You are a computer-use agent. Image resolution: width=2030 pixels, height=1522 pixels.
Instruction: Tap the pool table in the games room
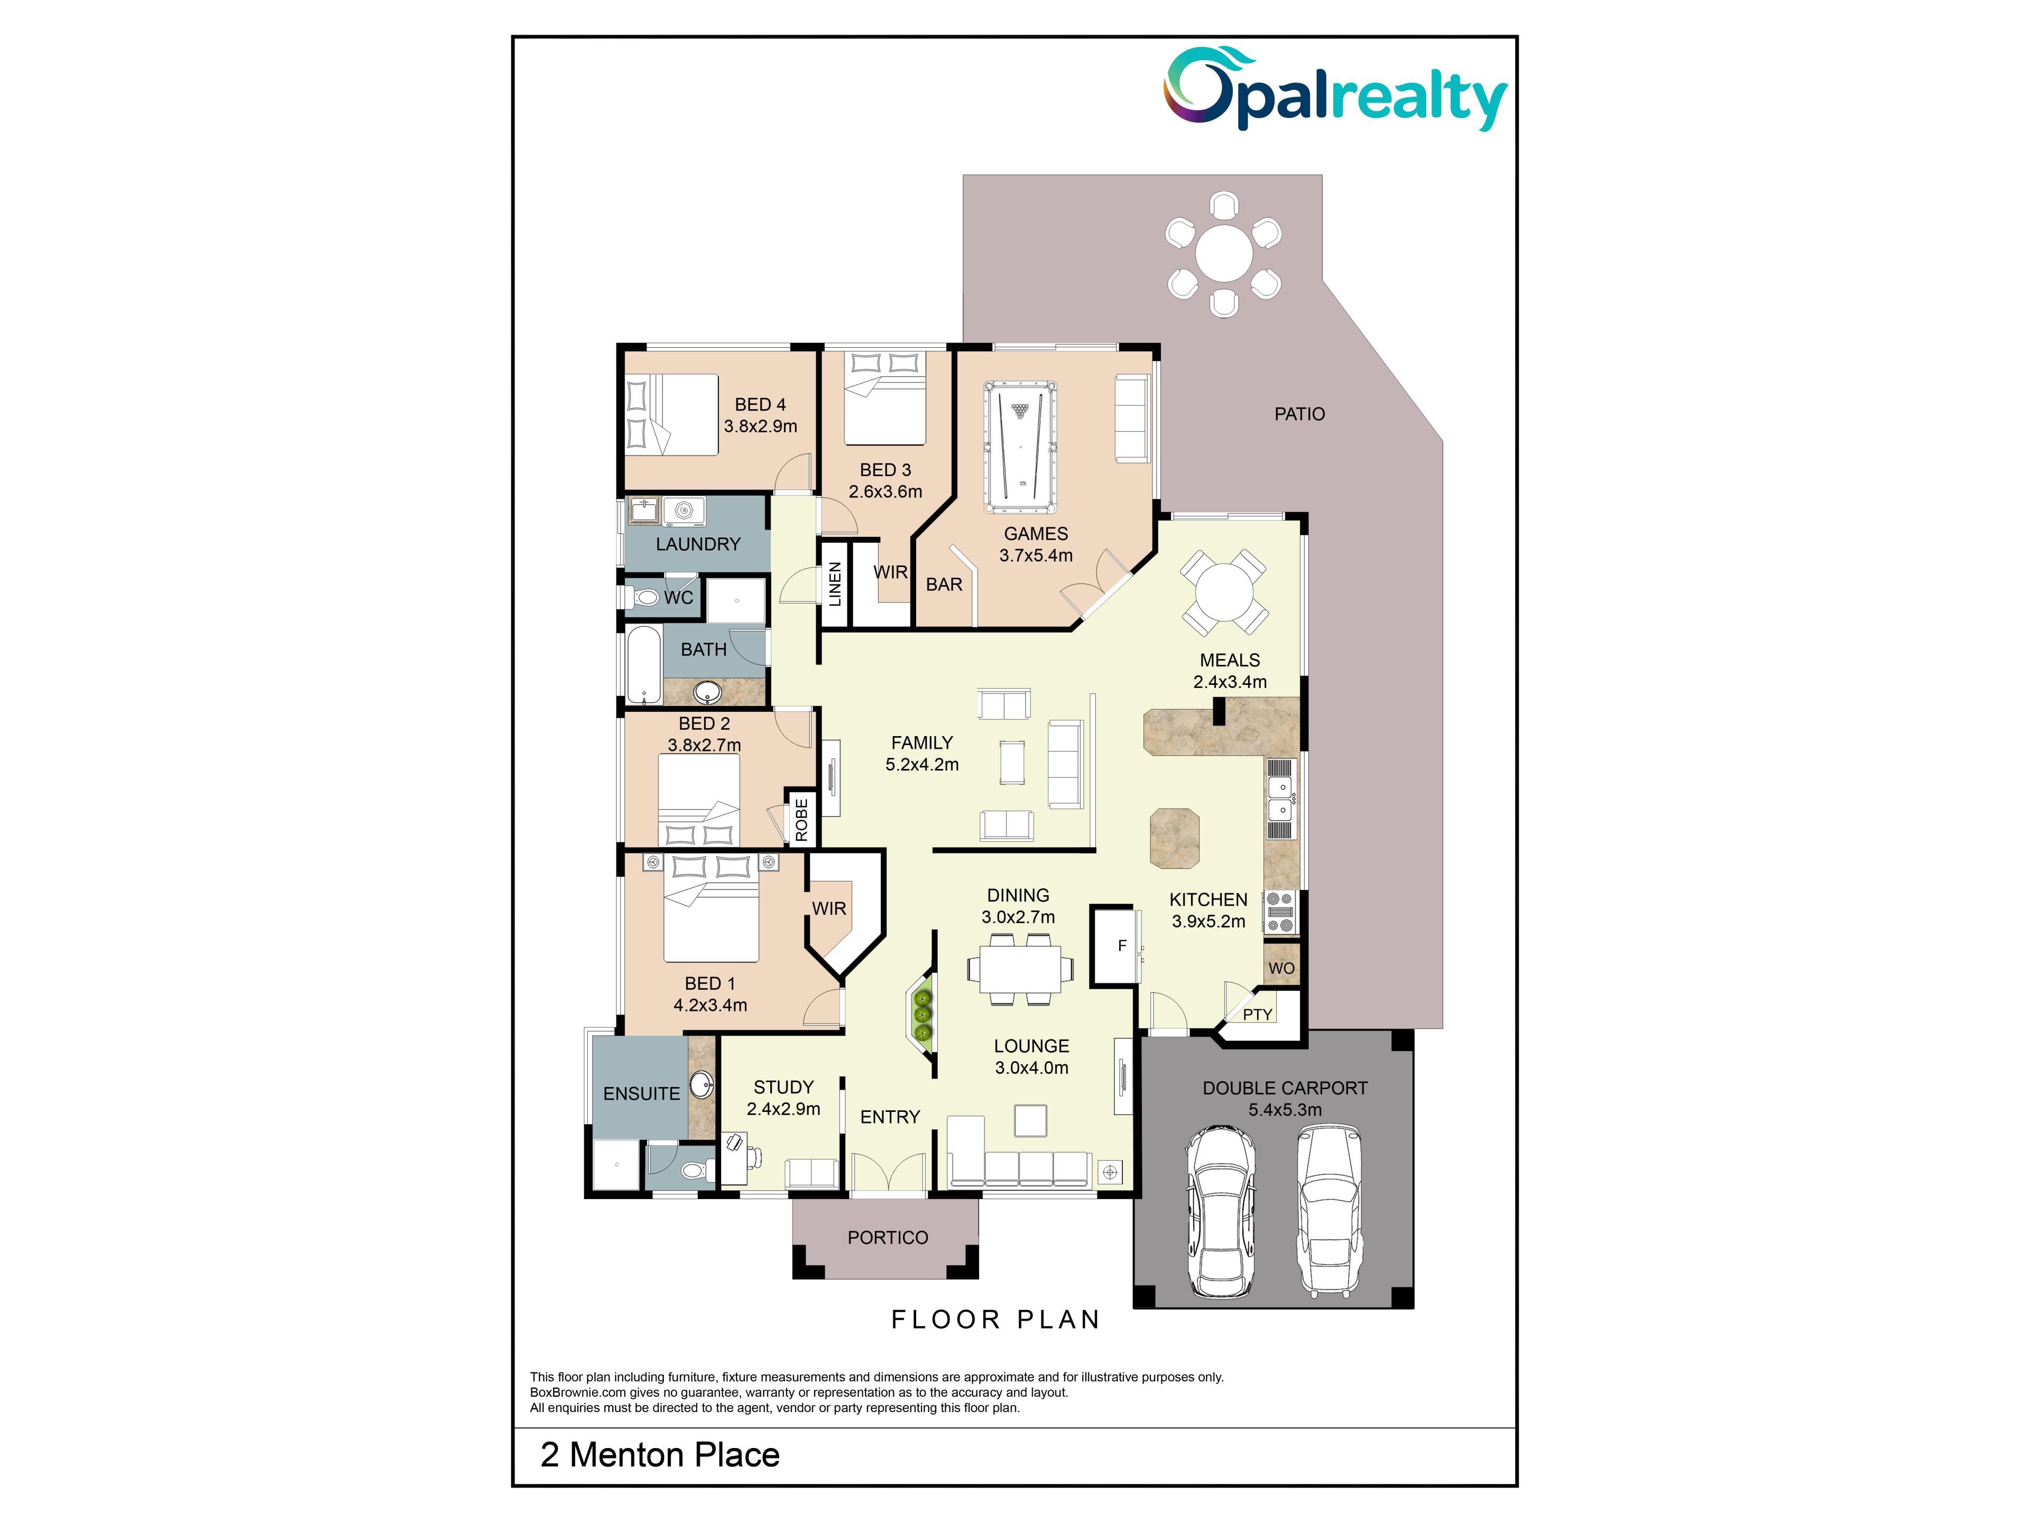pos(1020,447)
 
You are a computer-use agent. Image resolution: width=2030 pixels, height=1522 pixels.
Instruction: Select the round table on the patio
pos(1223,254)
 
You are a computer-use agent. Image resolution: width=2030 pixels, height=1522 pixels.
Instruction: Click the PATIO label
pos(1299,414)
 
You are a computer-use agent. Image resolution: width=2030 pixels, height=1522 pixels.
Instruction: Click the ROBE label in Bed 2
pos(801,819)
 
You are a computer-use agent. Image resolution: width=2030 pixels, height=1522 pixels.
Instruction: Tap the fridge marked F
pos(1121,946)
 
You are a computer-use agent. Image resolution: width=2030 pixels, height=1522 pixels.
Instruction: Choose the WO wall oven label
pos(1281,968)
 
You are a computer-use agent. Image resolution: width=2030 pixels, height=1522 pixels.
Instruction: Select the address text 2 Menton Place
pos(660,1455)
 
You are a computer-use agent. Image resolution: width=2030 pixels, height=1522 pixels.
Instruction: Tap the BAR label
pos(944,584)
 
